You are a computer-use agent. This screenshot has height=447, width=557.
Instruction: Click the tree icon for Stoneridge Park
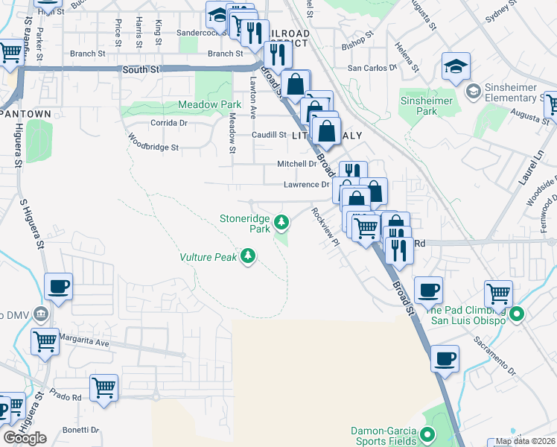[x=281, y=221]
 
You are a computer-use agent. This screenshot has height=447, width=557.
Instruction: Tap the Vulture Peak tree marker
[x=248, y=257]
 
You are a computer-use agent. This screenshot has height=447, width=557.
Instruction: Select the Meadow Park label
[x=209, y=105]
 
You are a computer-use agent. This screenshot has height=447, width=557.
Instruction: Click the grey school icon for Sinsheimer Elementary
[x=472, y=91]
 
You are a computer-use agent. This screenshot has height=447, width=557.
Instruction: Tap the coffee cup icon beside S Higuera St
[x=58, y=285]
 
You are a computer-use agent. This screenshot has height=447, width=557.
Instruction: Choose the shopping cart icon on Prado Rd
[x=104, y=387]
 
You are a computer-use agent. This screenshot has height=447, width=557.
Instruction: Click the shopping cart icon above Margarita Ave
[x=45, y=341]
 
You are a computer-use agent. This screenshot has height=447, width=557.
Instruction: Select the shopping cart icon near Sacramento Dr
[x=497, y=293]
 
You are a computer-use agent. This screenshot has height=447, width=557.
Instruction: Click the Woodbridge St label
[x=153, y=142]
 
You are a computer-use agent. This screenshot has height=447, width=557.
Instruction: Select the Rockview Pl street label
[x=325, y=226]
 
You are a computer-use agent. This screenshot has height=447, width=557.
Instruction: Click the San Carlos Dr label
[x=372, y=67]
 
